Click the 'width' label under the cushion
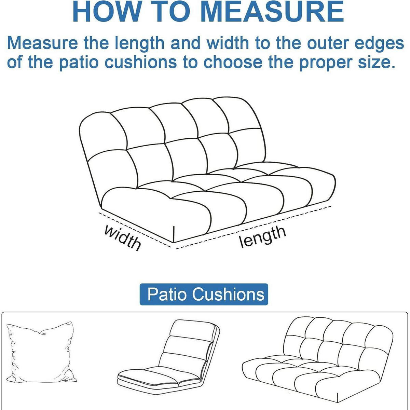(123, 238)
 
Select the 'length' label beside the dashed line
(262, 237)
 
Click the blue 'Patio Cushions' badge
(204, 295)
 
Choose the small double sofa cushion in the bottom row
(317, 359)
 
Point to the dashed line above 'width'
(135, 230)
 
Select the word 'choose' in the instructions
(233, 62)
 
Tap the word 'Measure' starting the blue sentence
(43, 43)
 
